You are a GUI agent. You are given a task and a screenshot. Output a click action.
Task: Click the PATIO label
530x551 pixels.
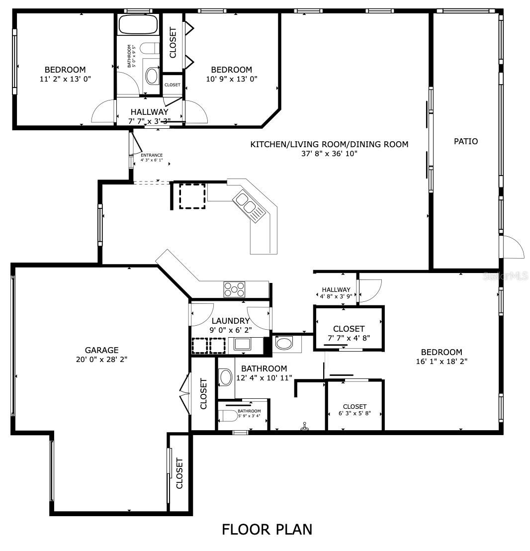(x=466, y=141)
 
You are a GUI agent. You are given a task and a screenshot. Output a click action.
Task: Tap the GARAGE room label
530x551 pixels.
(x=101, y=350)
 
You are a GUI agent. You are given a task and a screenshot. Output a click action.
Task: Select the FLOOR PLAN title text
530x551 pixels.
(x=267, y=529)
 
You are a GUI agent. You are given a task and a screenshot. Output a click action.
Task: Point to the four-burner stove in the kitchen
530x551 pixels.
(x=234, y=289)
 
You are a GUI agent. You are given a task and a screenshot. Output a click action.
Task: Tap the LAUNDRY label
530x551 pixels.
(x=230, y=321)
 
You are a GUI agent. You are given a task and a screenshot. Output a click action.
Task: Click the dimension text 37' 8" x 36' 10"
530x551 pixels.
(x=329, y=154)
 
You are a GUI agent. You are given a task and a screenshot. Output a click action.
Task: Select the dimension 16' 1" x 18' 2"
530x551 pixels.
(x=442, y=362)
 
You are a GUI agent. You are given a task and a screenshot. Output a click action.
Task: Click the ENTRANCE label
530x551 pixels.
(x=152, y=155)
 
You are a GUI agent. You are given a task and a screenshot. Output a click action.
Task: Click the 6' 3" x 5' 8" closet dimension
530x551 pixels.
(x=354, y=414)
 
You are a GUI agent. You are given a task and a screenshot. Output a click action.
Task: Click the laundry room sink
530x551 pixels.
(x=242, y=344)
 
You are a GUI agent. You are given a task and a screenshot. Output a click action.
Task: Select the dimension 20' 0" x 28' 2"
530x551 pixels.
(x=101, y=360)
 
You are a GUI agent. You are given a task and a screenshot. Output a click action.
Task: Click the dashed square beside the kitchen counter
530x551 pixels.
(x=192, y=196)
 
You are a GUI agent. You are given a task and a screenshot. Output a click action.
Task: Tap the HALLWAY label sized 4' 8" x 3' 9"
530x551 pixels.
(x=336, y=290)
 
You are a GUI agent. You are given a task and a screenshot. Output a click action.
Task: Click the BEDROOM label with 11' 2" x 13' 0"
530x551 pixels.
(x=65, y=70)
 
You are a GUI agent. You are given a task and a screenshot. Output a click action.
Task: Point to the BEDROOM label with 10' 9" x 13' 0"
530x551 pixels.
(x=232, y=70)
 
